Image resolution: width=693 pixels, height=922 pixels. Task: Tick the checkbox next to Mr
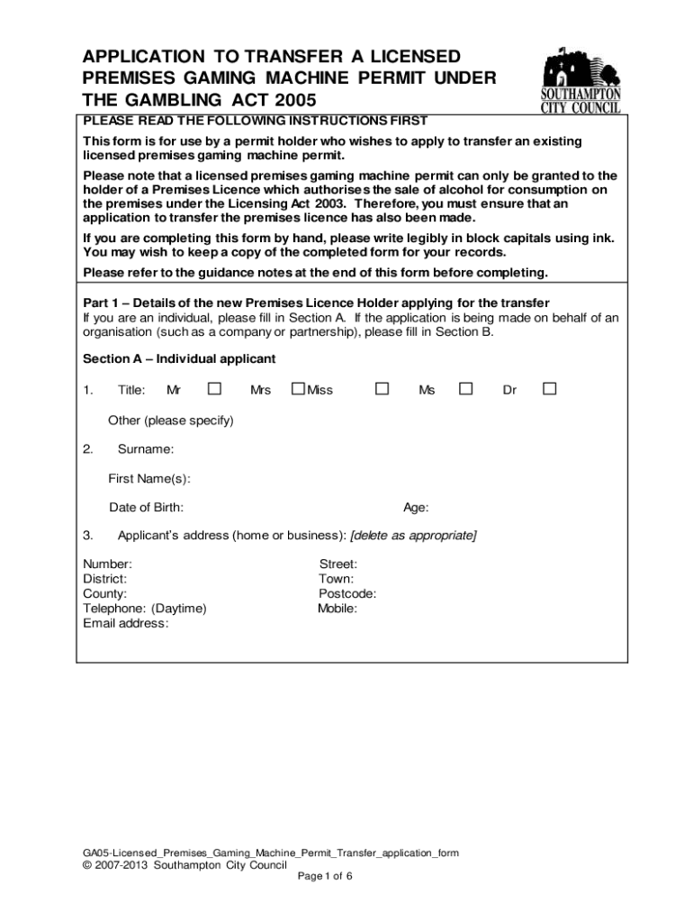pos(214,389)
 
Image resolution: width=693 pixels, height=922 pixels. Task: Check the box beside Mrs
pos(298,389)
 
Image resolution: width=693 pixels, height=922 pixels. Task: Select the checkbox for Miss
pos(382,389)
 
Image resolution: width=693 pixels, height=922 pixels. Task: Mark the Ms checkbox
pos(465,389)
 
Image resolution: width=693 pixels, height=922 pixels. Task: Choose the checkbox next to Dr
pos(549,389)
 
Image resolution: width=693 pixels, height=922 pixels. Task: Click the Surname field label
pos(146,449)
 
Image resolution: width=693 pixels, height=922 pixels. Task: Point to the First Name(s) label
pos(149,478)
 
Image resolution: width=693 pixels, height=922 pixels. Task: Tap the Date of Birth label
pos(147,507)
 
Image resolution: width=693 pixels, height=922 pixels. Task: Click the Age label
pos(416,507)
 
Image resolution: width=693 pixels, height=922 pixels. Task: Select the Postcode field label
pos(347,593)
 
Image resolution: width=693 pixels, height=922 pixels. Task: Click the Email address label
pos(126,622)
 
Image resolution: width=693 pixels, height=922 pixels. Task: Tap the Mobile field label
pos(337,608)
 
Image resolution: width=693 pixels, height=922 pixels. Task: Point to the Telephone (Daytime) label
pos(145,608)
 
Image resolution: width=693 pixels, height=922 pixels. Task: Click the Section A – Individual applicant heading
pos(179,358)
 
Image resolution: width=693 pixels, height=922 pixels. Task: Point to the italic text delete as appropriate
pos(414,536)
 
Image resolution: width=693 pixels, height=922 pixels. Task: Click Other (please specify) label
pos(171,420)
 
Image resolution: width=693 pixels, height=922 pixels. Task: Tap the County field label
pos(104,593)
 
